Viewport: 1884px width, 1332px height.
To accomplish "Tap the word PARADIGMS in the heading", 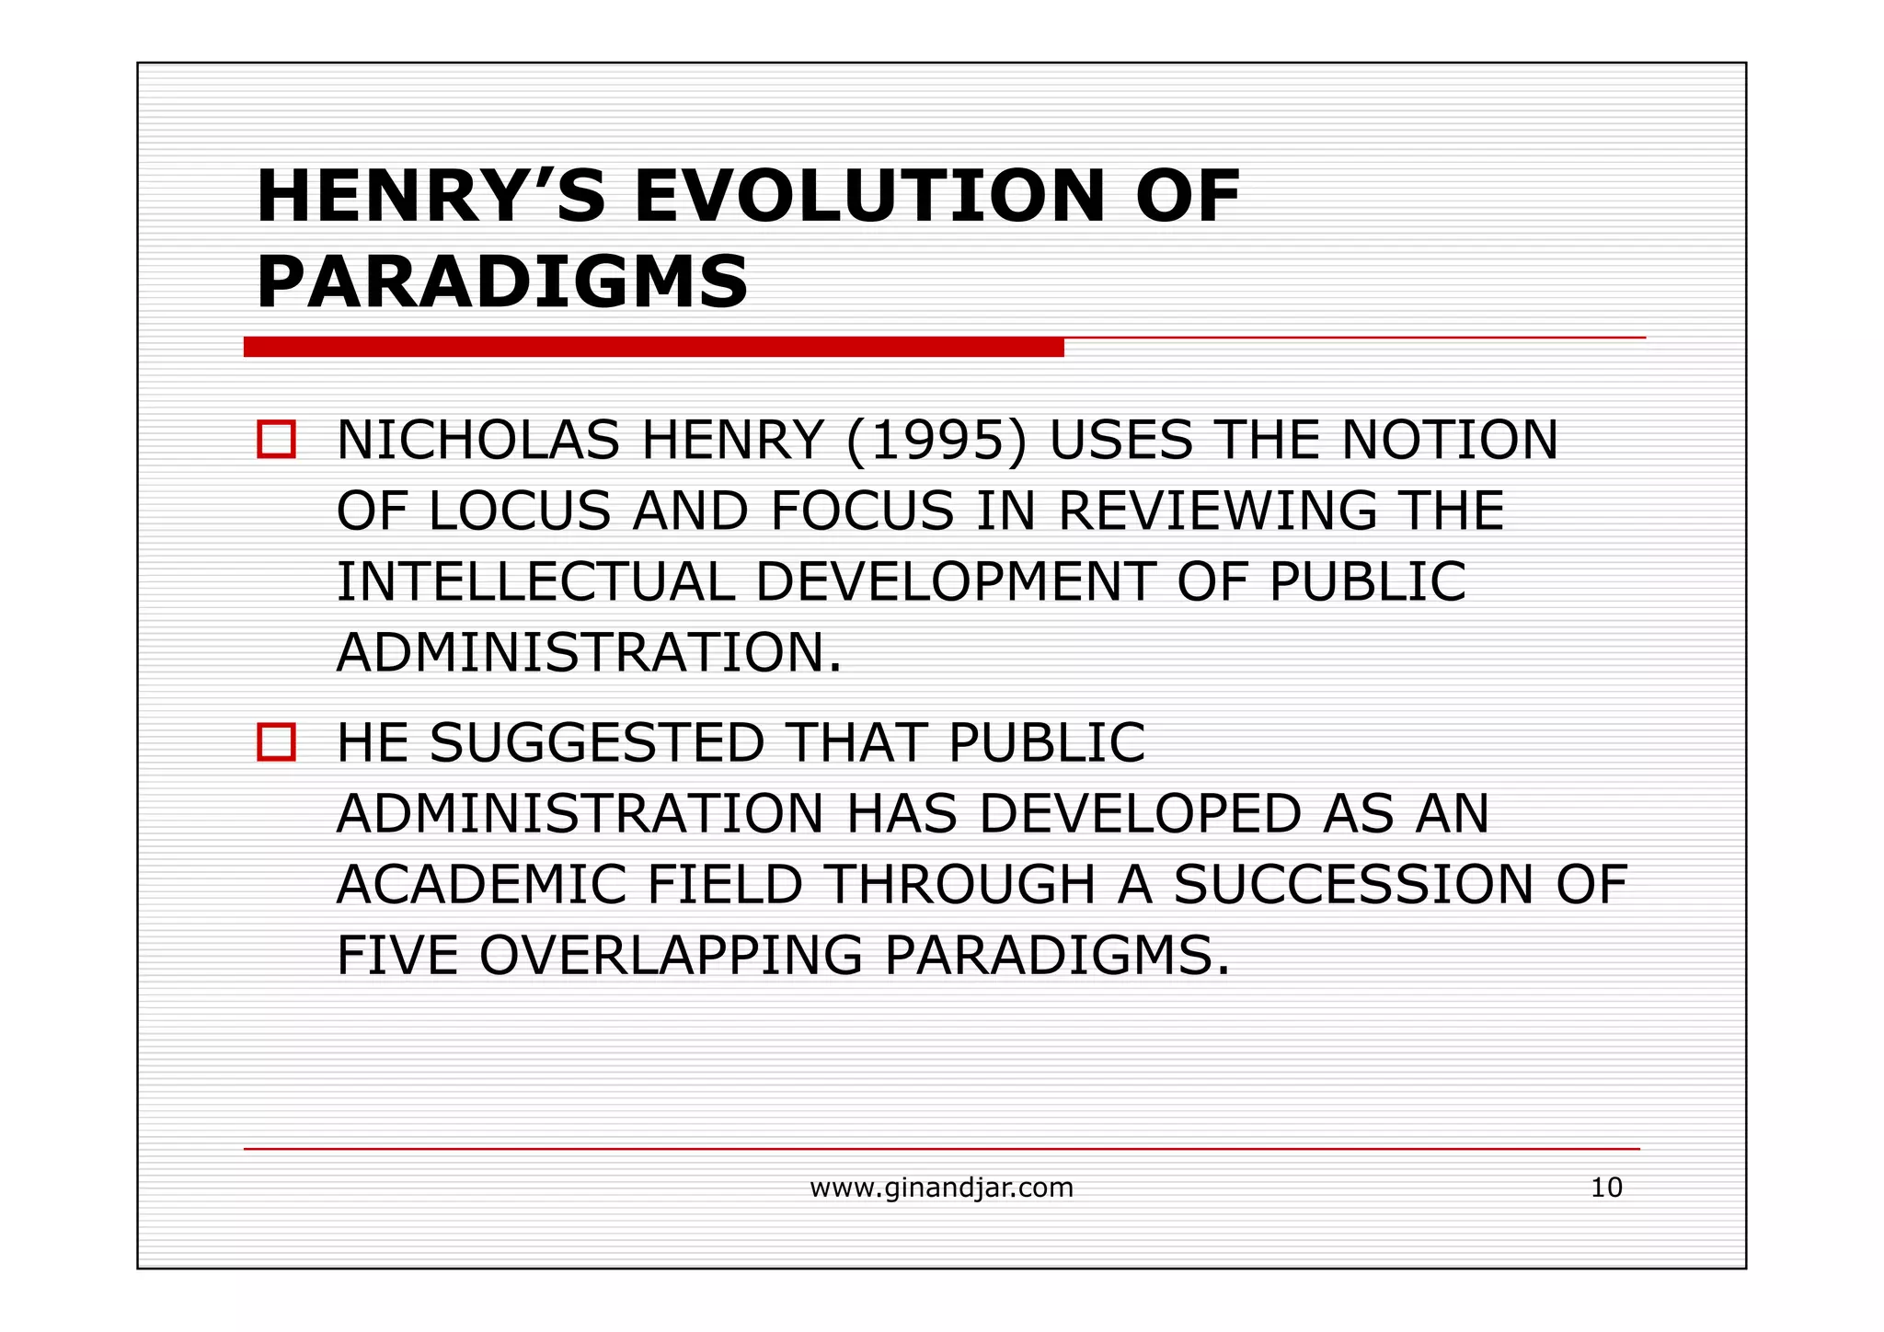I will [x=502, y=282].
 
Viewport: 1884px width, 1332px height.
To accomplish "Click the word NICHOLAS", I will [x=477, y=440].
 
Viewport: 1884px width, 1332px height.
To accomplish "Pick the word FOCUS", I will [x=862, y=511].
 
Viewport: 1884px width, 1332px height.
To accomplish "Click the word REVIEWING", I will [x=1217, y=511].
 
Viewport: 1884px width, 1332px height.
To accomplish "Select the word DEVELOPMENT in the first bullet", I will [x=955, y=581].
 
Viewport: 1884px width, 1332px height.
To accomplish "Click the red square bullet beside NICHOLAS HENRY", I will [x=276, y=440].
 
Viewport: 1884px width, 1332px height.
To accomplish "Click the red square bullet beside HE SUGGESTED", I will [x=276, y=742].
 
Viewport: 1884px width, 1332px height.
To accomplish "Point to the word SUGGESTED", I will [x=597, y=742].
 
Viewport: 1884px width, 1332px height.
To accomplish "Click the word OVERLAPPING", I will [x=671, y=955].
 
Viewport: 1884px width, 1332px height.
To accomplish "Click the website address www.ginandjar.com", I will [x=941, y=1188].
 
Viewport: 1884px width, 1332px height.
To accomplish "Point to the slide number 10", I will [x=1606, y=1188].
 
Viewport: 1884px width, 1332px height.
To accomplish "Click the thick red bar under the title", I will [x=653, y=347].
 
